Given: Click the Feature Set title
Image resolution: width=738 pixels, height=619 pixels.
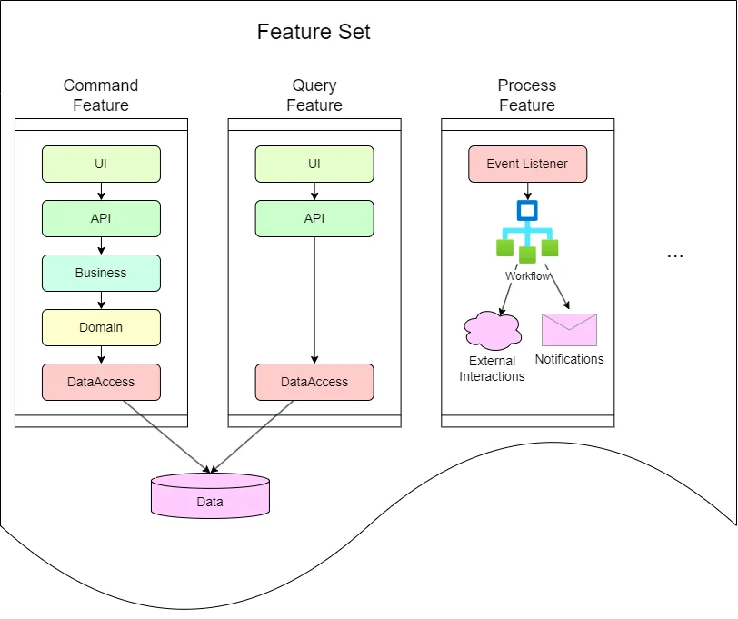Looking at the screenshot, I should [x=314, y=33].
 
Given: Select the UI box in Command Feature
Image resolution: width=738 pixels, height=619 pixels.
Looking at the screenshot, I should [x=101, y=164].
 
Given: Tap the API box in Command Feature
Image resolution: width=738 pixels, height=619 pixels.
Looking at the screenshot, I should [x=101, y=218].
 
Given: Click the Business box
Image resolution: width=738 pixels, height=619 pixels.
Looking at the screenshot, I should [x=101, y=273].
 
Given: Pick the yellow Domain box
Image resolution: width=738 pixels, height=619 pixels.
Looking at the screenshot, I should [x=101, y=327].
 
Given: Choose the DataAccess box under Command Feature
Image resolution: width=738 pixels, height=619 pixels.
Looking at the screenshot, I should [x=101, y=382].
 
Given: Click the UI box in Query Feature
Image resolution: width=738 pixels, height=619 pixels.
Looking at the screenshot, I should [x=314, y=164].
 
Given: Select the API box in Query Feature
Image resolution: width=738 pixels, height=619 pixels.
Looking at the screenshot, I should [x=314, y=218].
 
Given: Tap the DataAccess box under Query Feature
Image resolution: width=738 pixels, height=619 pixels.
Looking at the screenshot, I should [x=314, y=382].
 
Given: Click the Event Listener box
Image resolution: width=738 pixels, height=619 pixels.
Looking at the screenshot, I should [x=527, y=164].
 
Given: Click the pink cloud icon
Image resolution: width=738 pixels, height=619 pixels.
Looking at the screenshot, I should [x=493, y=330].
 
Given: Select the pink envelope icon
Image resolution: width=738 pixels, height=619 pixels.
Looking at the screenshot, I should [x=569, y=330].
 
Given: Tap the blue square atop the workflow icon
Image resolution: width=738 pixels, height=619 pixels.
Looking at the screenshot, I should [x=527, y=211].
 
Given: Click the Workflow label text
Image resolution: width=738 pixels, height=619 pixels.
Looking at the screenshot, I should [x=528, y=275].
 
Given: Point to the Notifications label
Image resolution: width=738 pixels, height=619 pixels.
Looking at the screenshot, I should [x=569, y=359].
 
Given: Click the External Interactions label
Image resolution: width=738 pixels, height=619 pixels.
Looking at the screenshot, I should [x=492, y=369].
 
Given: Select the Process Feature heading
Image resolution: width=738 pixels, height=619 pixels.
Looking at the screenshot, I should [x=527, y=95].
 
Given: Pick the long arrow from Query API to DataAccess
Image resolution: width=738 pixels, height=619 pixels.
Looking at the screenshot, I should [x=314, y=300].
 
